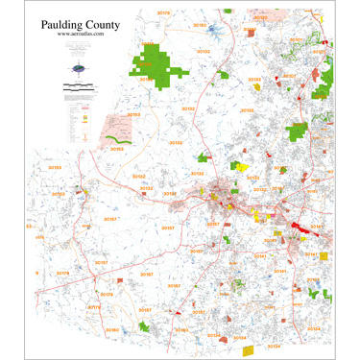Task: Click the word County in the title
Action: pyautogui.click(x=101, y=20)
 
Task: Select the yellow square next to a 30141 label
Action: pyautogui.click(x=324, y=257)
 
